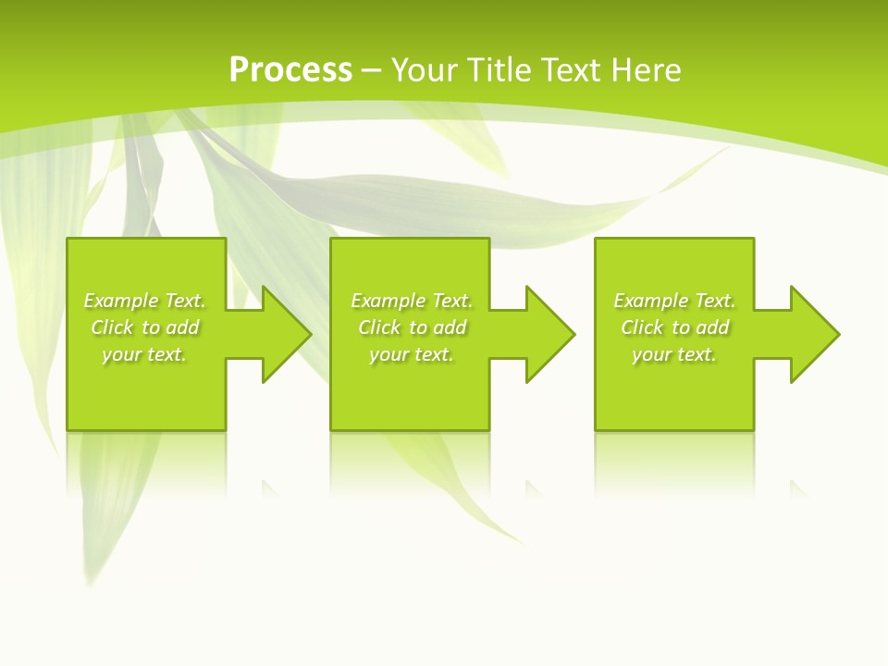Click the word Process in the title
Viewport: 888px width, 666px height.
tap(290, 70)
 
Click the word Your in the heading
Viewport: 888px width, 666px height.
tap(426, 70)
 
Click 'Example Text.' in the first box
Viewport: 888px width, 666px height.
tap(144, 301)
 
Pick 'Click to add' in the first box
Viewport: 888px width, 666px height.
tap(144, 327)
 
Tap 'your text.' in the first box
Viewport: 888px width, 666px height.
tap(144, 354)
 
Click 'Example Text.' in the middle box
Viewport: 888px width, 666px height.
tap(412, 301)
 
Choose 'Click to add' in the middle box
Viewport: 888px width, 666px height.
tap(412, 327)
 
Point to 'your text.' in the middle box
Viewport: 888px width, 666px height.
tap(412, 354)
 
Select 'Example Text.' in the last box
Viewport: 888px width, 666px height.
tap(674, 301)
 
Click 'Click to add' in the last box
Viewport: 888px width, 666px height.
tap(674, 327)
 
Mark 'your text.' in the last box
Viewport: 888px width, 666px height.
tap(674, 354)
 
